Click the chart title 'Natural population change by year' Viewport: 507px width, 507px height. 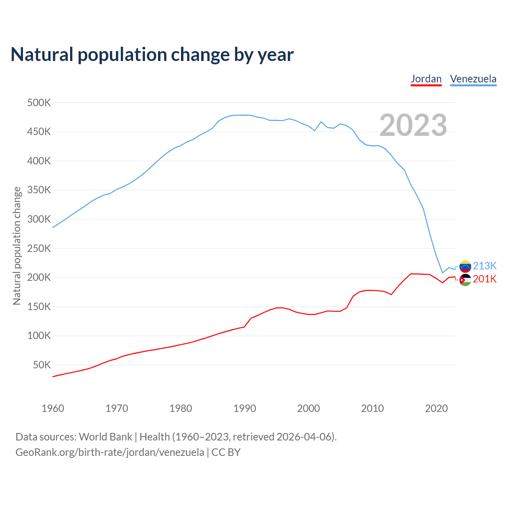[x=152, y=55]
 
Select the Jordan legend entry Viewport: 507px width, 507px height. [x=426, y=79]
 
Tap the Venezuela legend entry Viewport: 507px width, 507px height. [x=473, y=79]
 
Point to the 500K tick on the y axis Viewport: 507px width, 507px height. [x=39, y=103]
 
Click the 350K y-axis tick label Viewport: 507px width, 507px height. [x=39, y=190]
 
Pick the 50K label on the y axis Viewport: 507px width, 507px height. [x=42, y=365]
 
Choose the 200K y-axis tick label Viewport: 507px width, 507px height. [x=39, y=277]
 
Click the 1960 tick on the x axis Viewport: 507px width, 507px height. [x=53, y=408]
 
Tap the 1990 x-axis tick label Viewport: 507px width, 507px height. [x=244, y=408]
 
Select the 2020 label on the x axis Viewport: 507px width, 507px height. [x=436, y=408]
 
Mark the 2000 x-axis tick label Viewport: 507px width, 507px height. [x=309, y=408]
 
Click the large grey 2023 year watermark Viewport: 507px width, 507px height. [x=413, y=125]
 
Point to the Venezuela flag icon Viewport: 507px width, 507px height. [x=465, y=266]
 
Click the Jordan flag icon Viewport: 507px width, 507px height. [x=465, y=280]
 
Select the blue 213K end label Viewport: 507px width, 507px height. [x=485, y=266]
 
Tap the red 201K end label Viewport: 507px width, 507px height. [x=485, y=279]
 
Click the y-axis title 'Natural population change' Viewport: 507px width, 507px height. [x=17, y=246]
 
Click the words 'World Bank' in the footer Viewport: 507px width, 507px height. [x=105, y=437]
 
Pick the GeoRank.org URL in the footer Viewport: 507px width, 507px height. [x=110, y=452]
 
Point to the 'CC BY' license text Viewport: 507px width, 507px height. [x=226, y=452]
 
